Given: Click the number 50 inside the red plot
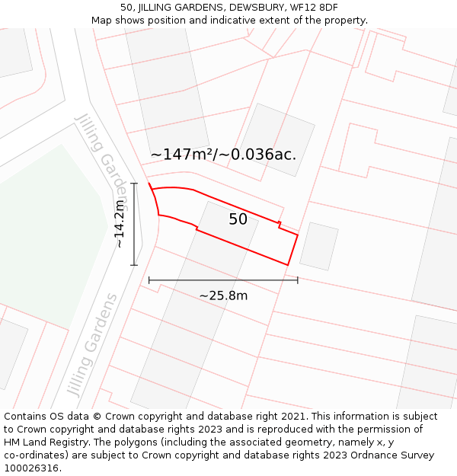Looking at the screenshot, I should pos(238,219).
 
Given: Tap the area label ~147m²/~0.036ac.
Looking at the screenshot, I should pos(223,155).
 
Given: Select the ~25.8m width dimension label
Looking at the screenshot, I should pos(223,296).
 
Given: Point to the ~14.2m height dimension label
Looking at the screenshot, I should pos(120,224).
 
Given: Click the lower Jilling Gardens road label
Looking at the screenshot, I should pos(93,344).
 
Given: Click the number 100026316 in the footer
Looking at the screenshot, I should pos(33,468).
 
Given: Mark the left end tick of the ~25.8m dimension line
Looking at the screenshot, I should pos(149,280).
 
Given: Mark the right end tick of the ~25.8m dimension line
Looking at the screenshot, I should pos(298,280).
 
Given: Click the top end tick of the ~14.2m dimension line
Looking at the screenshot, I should pos(135,183).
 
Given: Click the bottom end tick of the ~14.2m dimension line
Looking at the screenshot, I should pos(135,265).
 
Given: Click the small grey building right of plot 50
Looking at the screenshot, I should pos(318,246).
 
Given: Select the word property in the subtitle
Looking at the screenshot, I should pos(344,21).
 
